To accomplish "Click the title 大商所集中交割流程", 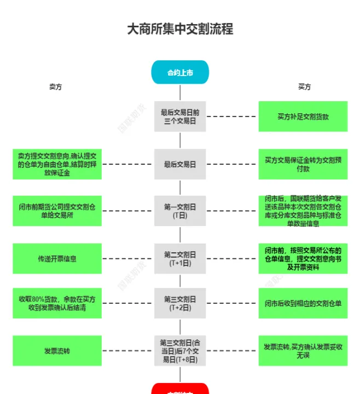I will pyautogui.click(x=180, y=28).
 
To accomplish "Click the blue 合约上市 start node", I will pyautogui.click(x=180, y=72).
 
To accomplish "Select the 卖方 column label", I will pyautogui.click(x=55, y=87).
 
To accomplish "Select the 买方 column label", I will pyautogui.click(x=304, y=87).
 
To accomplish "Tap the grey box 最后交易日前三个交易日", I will pyautogui.click(x=180, y=117).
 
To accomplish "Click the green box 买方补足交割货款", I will pyautogui.click(x=303, y=117).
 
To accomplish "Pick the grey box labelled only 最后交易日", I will pyautogui.click(x=180, y=164).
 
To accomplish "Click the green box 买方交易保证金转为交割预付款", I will pyautogui.click(x=303, y=164).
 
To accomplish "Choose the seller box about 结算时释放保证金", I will pyautogui.click(x=57, y=164).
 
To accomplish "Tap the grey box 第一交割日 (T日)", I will pyautogui.click(x=180, y=211).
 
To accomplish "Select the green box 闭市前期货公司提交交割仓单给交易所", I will pyautogui.click(x=57, y=211).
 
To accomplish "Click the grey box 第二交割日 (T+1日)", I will pyautogui.click(x=180, y=258).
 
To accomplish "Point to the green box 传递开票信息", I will pyautogui.click(x=57, y=258).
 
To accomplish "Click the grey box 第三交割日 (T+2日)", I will pyautogui.click(x=180, y=303).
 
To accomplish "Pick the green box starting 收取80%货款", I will pyautogui.click(x=57, y=303).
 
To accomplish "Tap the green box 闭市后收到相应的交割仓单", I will pyautogui.click(x=303, y=303).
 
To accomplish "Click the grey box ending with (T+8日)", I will pyautogui.click(x=180, y=351).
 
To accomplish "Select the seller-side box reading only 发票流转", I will pyautogui.click(x=57, y=351).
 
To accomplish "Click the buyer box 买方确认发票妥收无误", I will pyautogui.click(x=303, y=351).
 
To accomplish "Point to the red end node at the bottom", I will pyautogui.click(x=180, y=389).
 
